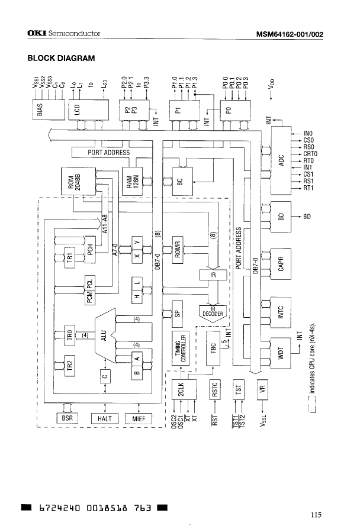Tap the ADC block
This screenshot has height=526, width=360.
tap(282, 160)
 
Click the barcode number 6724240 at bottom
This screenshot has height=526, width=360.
tap(57, 507)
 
